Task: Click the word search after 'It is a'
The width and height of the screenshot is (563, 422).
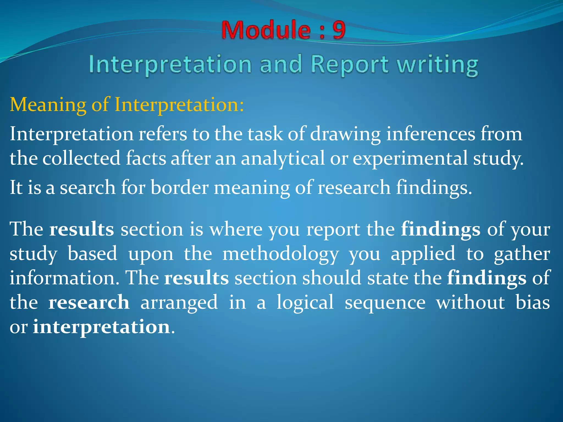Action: pyautogui.click(x=88, y=188)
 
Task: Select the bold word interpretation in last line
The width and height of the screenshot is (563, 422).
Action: pyautogui.click(x=101, y=327)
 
